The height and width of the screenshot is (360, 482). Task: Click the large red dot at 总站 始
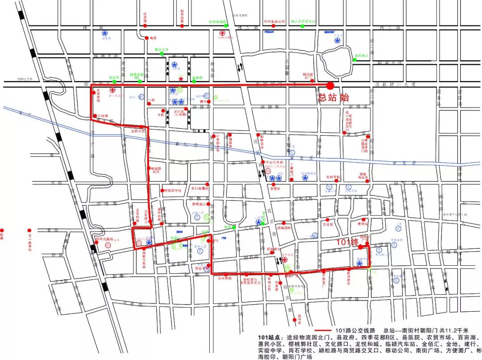tap(330, 85)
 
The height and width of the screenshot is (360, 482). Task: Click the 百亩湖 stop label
tap(103, 116)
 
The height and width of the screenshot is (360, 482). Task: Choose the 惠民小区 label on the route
tap(138, 132)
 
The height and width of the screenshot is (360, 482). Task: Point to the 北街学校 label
tap(333, 177)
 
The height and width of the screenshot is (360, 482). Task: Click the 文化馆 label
tap(329, 225)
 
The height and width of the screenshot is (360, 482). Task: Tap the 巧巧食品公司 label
tap(274, 21)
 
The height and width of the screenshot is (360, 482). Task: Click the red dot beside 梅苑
tap(146, 38)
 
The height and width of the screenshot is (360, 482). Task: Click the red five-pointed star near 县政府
tap(180, 79)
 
